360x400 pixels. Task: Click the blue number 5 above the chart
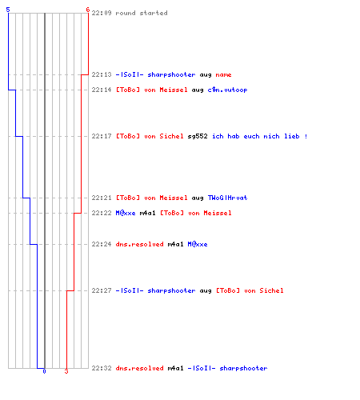[8, 10]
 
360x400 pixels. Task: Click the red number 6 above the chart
[88, 10]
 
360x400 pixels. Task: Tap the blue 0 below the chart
[44, 371]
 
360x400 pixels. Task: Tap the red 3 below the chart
[66, 371]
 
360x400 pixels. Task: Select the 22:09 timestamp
[102, 13]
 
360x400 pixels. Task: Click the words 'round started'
[142, 13]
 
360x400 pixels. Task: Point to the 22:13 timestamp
[102, 74]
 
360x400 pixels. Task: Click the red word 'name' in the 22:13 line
[223, 74]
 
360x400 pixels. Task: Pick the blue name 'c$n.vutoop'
[227, 90]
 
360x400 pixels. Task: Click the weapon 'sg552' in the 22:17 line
[198, 136]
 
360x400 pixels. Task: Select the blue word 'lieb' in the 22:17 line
[292, 136]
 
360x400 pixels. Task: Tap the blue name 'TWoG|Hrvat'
[227, 198]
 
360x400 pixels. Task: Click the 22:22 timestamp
[102, 213]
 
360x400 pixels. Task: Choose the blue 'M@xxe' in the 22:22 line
[126, 213]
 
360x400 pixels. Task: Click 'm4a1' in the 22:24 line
[175, 244]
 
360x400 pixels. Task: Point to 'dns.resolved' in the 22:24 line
[139, 244]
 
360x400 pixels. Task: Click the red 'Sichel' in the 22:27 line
[271, 290]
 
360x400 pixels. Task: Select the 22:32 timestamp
[102, 368]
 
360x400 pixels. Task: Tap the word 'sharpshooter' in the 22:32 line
[243, 368]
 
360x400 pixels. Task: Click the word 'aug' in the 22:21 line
[198, 198]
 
